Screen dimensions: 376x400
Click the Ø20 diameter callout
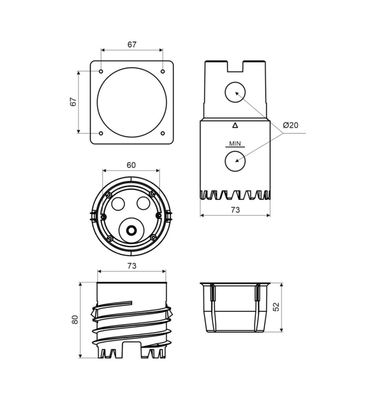(x=290, y=125)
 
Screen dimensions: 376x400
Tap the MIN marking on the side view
(x=235, y=144)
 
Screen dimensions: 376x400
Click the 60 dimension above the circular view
(x=131, y=165)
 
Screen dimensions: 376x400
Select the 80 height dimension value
(x=75, y=320)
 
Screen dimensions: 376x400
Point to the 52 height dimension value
(x=276, y=307)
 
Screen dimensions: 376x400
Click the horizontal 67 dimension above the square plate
(x=132, y=44)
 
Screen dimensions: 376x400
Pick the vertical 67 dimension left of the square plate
(x=73, y=102)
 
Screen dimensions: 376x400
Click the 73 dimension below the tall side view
(x=235, y=210)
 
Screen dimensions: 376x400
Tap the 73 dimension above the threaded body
(x=132, y=266)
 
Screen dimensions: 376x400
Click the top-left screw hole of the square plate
(x=101, y=71)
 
